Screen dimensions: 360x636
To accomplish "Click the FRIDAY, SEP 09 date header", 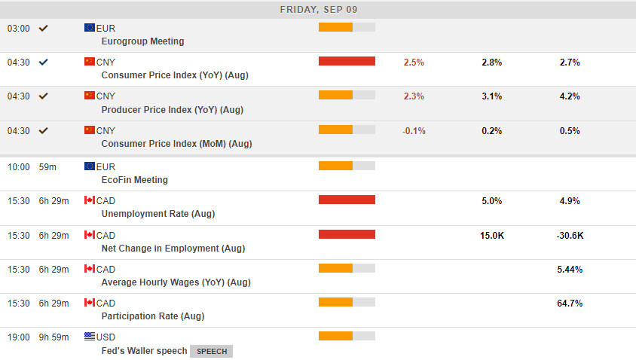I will point(318,10).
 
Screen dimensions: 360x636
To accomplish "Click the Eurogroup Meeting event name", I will point(142,41).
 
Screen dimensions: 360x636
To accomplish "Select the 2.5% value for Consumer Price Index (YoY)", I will point(414,63).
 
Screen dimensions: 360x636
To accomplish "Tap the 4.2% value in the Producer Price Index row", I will point(570,96).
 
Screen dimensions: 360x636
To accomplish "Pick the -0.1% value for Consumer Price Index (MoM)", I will point(414,131).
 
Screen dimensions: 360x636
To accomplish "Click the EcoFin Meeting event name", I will point(134,180).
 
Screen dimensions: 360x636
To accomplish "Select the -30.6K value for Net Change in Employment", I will point(570,236).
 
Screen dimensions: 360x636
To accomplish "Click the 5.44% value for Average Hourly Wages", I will point(570,270).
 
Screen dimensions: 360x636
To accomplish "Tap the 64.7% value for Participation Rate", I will point(570,304).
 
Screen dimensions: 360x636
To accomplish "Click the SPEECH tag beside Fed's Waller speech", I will point(211,351).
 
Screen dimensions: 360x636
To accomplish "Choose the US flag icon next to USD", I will point(90,337).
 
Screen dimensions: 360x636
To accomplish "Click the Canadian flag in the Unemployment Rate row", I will point(90,200).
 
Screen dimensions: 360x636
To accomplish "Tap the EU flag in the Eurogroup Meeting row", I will point(90,28).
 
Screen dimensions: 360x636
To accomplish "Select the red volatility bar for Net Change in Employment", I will point(347,234).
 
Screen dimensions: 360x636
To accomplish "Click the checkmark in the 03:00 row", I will point(44,28).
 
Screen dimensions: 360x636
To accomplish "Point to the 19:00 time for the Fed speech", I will point(19,337).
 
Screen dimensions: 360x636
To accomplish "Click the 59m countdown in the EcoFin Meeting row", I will point(48,166).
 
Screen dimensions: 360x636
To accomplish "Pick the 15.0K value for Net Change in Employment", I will point(491,236).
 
